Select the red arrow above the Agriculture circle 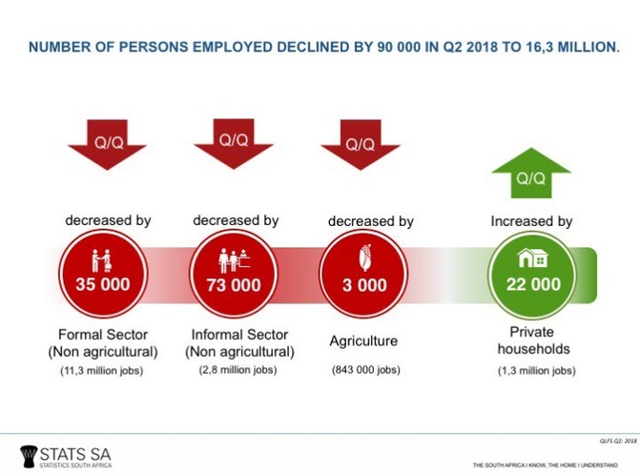(359, 144)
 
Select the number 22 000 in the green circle (531, 284)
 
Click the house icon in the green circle (531, 258)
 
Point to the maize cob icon (360, 258)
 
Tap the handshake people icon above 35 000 (101, 259)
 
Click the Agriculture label (363, 340)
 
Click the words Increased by (531, 221)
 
